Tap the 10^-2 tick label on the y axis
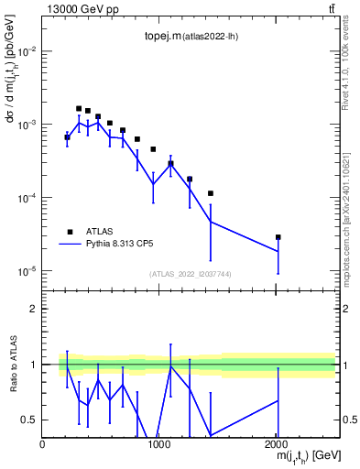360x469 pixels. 27,51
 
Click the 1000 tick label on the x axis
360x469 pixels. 159,444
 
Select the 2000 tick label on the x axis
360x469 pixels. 277,444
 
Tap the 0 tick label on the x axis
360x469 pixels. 42,444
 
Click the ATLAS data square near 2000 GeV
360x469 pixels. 278,237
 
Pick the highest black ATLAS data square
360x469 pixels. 79,108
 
